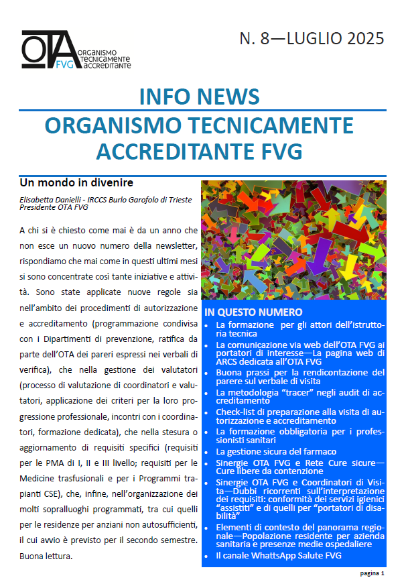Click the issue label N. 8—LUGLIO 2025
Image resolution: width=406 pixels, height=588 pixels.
click(x=312, y=39)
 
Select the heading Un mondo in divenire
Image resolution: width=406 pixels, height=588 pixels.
click(x=76, y=182)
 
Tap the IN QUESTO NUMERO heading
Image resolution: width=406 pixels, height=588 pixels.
click(x=253, y=312)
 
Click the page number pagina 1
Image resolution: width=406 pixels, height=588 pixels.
click(x=372, y=573)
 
